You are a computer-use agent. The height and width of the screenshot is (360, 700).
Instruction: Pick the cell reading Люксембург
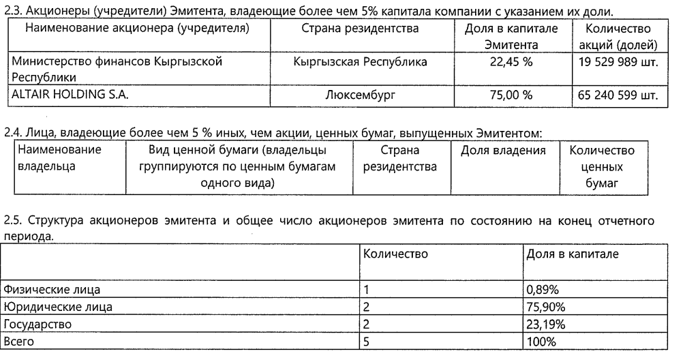click(x=360, y=95)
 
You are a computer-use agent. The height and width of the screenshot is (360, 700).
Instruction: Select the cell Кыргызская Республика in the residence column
click(x=360, y=63)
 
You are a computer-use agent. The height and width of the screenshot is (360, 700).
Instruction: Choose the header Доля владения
click(x=503, y=150)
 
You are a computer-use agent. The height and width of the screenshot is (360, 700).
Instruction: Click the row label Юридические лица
click(x=58, y=307)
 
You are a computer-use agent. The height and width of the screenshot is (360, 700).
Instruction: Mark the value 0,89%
click(x=542, y=290)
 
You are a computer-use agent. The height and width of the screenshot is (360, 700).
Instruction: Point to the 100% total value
click(x=541, y=340)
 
